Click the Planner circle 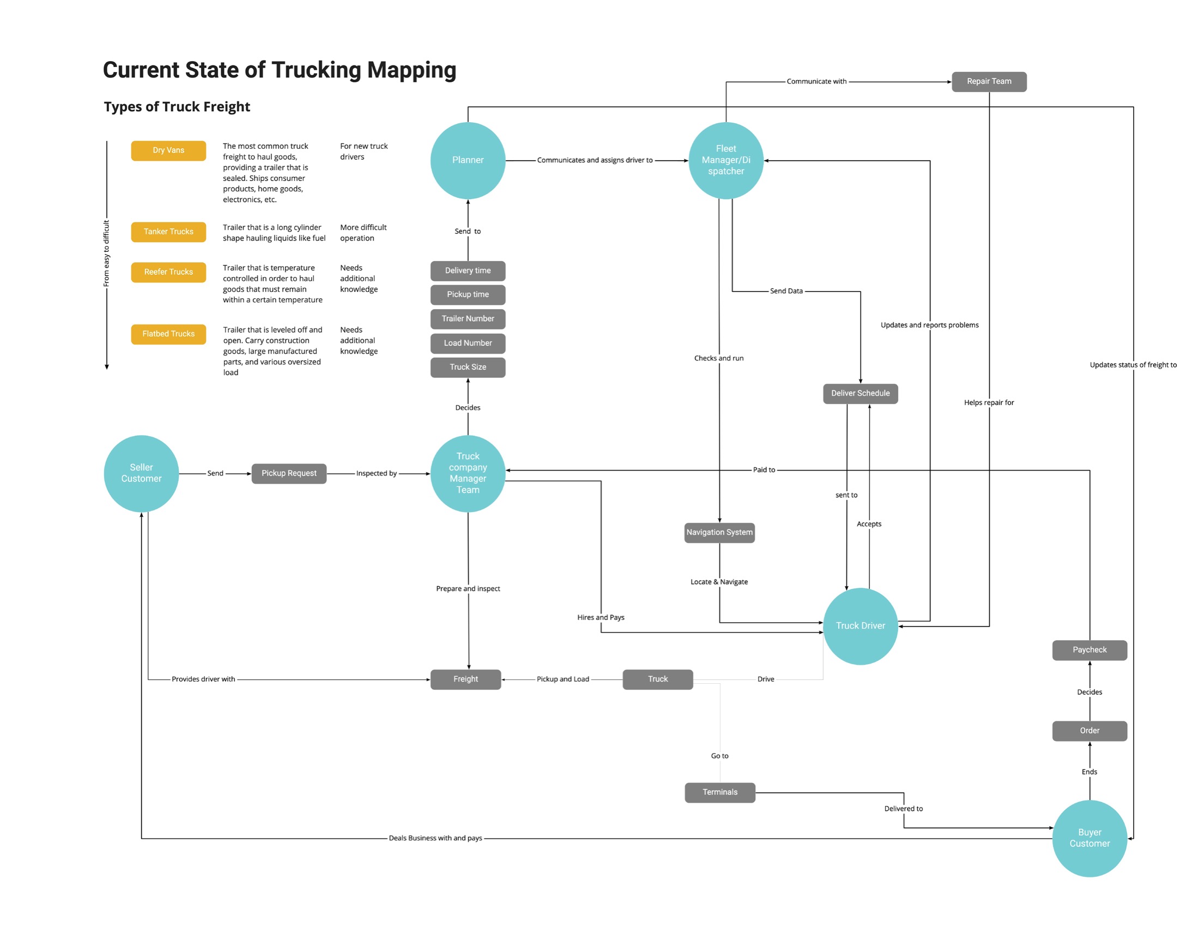coord(468,160)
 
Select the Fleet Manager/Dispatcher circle coord(726,160)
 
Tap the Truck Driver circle coord(860,626)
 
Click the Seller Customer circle coord(141,473)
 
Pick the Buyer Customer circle coord(1089,838)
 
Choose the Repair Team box coord(989,82)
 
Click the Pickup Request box coord(289,473)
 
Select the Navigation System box coord(719,533)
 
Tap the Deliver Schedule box coord(860,394)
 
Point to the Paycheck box coord(1089,650)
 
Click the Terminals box coord(720,792)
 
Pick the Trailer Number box coord(468,319)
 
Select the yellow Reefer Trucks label coord(168,273)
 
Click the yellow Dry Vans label coord(168,151)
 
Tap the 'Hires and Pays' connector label coord(601,618)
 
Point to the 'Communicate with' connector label coord(816,82)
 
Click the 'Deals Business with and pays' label coord(435,839)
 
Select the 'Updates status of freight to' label coord(1133,365)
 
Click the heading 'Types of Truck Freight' coord(177,107)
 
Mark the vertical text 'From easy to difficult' coord(106,254)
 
